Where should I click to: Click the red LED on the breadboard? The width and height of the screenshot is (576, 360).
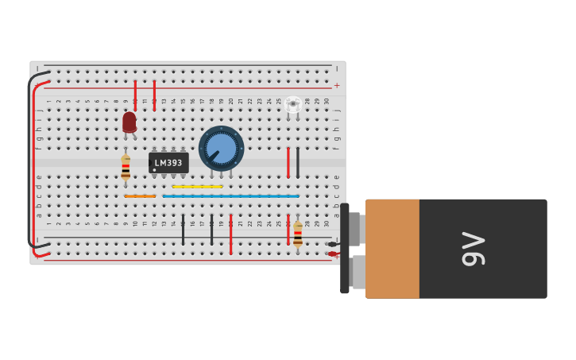click(x=130, y=122)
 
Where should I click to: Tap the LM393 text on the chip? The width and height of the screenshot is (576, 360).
click(x=168, y=163)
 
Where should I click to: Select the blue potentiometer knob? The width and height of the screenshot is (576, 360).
click(x=221, y=148)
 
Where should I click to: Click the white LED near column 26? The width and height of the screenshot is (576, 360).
click(x=293, y=104)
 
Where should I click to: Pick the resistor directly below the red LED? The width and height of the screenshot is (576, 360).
click(x=126, y=167)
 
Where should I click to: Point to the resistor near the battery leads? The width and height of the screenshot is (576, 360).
click(x=298, y=234)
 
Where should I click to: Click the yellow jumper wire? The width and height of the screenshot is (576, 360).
click(x=197, y=187)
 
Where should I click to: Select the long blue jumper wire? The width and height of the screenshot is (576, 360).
click(x=230, y=195)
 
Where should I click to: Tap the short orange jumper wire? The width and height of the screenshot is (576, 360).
click(x=140, y=195)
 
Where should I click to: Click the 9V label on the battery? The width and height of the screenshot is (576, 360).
click(x=474, y=249)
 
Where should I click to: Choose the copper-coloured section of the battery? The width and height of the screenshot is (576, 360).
click(x=392, y=249)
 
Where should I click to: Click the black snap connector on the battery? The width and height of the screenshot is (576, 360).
click(x=345, y=248)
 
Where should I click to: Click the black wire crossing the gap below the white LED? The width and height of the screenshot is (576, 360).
click(x=298, y=162)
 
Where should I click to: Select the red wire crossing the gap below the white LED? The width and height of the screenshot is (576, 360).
click(x=288, y=162)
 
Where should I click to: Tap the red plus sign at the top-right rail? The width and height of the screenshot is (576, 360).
click(x=337, y=86)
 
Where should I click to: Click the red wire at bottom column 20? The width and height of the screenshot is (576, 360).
click(x=231, y=234)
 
